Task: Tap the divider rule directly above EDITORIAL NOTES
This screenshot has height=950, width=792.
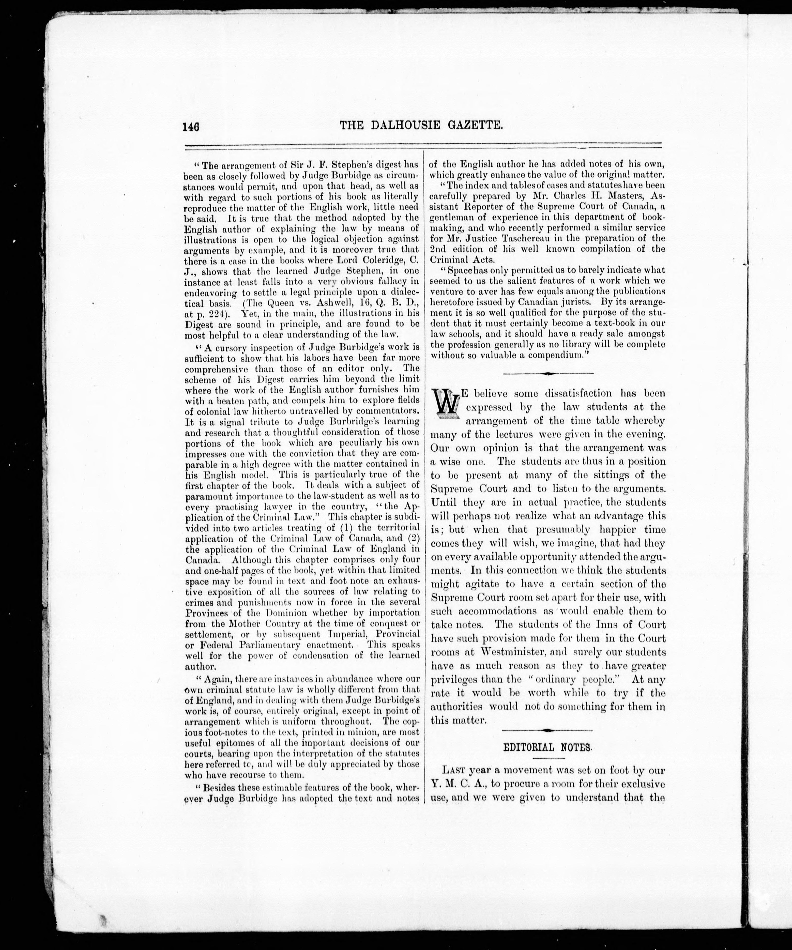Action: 547,731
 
